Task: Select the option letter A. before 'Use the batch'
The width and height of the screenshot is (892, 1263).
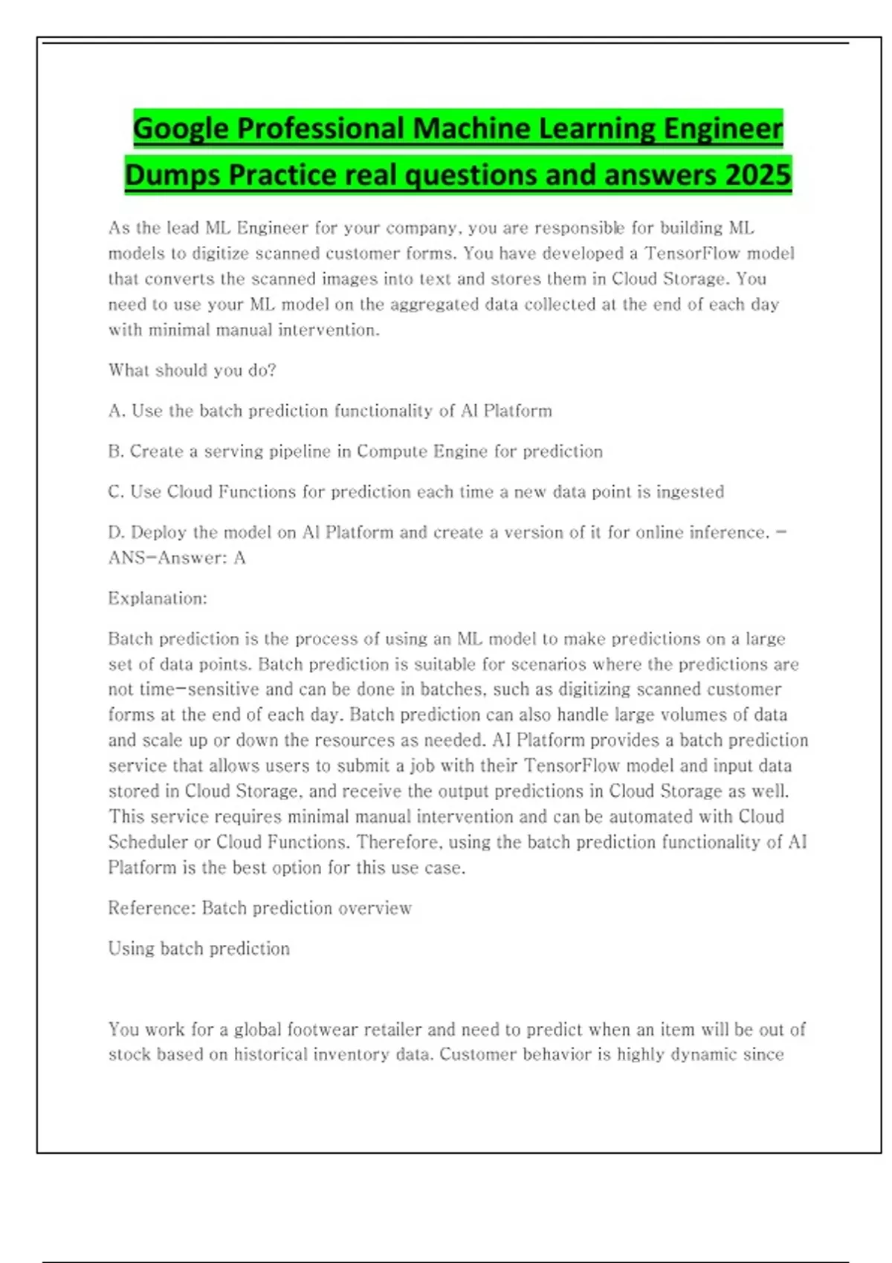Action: (117, 411)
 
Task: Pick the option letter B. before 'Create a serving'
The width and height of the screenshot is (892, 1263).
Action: (117, 452)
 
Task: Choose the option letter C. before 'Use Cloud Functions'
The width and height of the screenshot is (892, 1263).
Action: (117, 492)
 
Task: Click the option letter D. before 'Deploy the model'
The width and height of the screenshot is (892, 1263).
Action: (117, 533)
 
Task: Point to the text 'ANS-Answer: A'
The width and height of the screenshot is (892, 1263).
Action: (177, 558)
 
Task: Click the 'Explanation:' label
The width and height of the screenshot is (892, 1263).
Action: (158, 599)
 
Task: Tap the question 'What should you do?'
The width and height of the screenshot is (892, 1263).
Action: (192, 370)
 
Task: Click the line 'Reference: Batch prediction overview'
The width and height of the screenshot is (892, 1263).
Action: (259, 908)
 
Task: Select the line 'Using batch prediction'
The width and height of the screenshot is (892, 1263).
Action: (198, 949)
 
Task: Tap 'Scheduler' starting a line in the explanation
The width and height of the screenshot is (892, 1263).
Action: (148, 842)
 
